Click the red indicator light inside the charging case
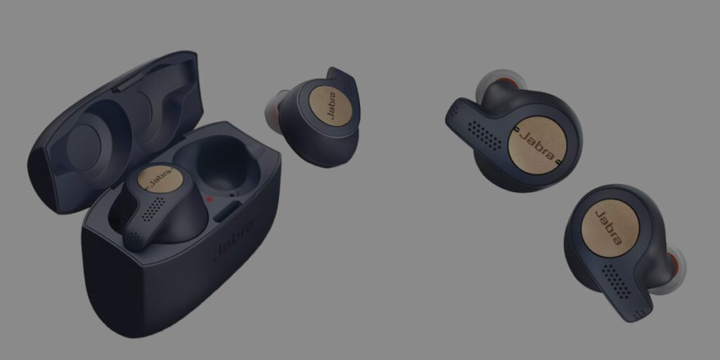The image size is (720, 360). click(210, 199)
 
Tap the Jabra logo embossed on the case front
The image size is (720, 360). click(234, 241)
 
